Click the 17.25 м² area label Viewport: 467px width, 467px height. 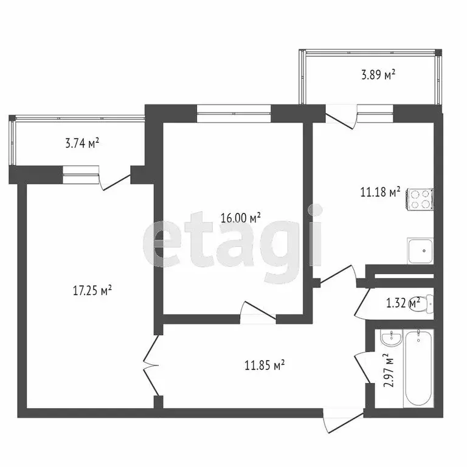click(92, 291)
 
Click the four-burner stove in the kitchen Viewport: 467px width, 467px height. click(420, 199)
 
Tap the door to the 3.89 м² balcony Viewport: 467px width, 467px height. click(342, 117)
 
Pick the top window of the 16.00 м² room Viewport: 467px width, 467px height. click(233, 109)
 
